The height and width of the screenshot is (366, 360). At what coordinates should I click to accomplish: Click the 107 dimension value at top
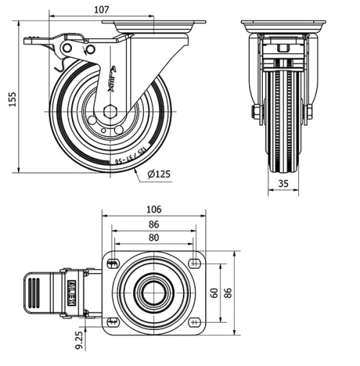[x=101, y=9]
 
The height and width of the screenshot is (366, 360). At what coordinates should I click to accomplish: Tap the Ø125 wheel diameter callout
[x=159, y=174]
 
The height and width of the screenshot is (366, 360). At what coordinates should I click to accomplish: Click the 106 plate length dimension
[x=153, y=210]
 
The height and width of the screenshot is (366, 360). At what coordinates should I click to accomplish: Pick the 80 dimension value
[x=153, y=237]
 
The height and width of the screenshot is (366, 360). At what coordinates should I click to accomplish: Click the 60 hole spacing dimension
[x=214, y=293]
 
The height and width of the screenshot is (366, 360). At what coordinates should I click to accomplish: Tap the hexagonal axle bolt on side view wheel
[x=109, y=112]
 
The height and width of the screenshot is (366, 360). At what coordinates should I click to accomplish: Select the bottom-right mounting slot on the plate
[x=195, y=321]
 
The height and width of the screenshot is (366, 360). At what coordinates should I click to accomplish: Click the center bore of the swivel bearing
[x=153, y=292]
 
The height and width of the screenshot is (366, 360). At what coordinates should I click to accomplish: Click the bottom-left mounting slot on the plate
[x=112, y=321]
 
